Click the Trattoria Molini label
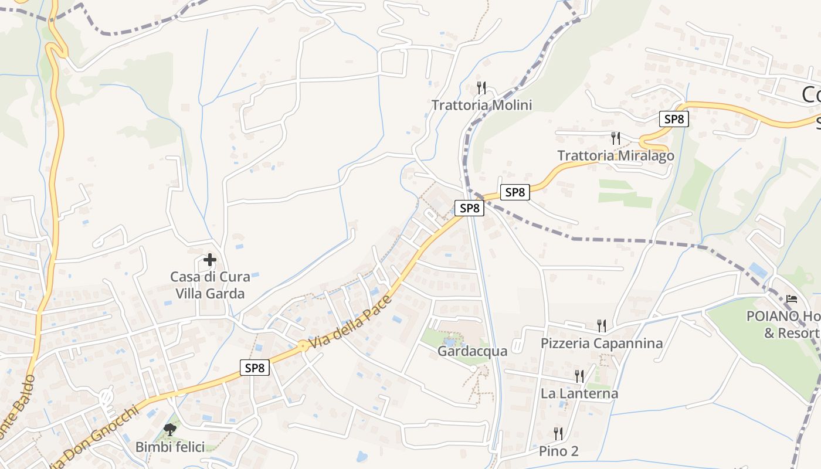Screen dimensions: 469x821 point(481,105)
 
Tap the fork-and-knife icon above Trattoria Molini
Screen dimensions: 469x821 point(481,88)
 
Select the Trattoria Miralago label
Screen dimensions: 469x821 point(615,155)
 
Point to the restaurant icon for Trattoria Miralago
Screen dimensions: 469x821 point(615,138)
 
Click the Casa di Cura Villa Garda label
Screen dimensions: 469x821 point(210,285)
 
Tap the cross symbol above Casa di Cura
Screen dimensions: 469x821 point(210,259)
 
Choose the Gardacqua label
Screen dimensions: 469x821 point(472,351)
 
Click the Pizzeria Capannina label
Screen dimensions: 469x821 point(602,343)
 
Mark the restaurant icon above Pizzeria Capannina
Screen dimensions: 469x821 point(601,325)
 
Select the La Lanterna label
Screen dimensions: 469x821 point(579,393)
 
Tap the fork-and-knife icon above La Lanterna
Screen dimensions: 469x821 point(579,376)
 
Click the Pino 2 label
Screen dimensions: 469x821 point(558,451)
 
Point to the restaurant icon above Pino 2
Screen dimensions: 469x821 point(558,434)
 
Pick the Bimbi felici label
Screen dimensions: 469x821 point(170,447)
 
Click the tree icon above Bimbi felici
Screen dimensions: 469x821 point(170,430)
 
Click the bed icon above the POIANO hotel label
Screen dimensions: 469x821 point(792,299)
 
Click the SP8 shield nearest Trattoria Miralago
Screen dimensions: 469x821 point(673,119)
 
